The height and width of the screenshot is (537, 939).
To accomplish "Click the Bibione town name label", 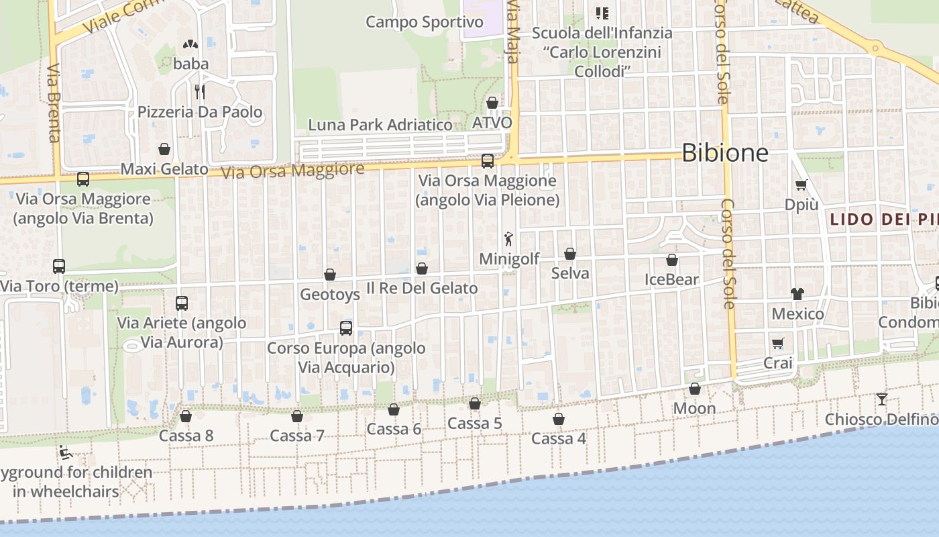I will tap(725, 153).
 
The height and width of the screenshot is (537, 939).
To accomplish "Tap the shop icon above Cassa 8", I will tap(186, 416).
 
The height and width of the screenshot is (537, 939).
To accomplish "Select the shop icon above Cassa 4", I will tap(559, 419).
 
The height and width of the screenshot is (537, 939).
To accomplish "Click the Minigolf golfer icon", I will tap(508, 239).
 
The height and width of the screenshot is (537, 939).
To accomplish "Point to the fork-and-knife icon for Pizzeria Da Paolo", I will tap(199, 91).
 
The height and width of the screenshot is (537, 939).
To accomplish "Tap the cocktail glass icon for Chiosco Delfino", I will tap(881, 399).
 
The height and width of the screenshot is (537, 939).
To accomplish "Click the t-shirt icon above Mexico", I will tap(797, 293).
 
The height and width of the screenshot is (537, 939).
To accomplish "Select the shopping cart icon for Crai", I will tap(778, 343).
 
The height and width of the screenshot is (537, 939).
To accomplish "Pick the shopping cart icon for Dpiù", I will tap(801, 185).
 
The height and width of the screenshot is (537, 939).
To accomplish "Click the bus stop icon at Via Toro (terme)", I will tap(59, 266).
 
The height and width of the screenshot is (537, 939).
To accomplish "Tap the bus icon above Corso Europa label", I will tap(346, 328).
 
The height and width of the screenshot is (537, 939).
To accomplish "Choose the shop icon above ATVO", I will tap(492, 103).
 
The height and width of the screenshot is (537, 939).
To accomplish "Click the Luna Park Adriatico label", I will tap(380, 125).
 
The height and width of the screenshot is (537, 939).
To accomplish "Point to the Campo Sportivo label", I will tap(424, 22).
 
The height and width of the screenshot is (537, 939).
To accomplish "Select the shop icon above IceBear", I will tap(672, 260).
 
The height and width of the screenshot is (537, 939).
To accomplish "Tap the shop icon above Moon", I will tap(695, 389).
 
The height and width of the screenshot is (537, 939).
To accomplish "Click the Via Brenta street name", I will tap(54, 103).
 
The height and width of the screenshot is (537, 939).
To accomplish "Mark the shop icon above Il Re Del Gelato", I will tap(422, 268).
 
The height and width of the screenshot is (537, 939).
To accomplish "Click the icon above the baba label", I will tap(190, 44).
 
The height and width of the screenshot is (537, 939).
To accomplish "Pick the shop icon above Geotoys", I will tap(330, 275).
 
